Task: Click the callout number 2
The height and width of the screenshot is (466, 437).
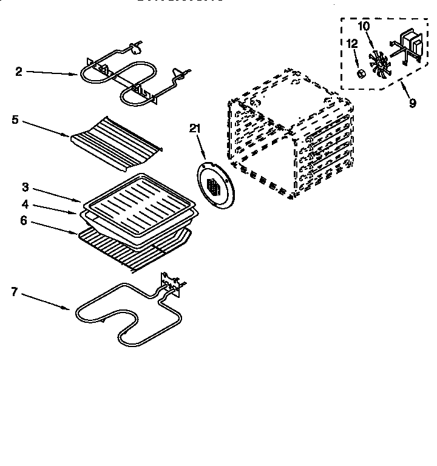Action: tap(18, 72)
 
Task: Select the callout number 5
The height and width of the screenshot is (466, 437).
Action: tap(15, 120)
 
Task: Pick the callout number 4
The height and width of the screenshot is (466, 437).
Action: tap(24, 204)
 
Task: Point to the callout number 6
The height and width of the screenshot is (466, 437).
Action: tap(24, 221)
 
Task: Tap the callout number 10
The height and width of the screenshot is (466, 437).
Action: tap(364, 26)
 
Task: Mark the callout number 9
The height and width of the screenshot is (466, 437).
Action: tap(412, 103)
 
